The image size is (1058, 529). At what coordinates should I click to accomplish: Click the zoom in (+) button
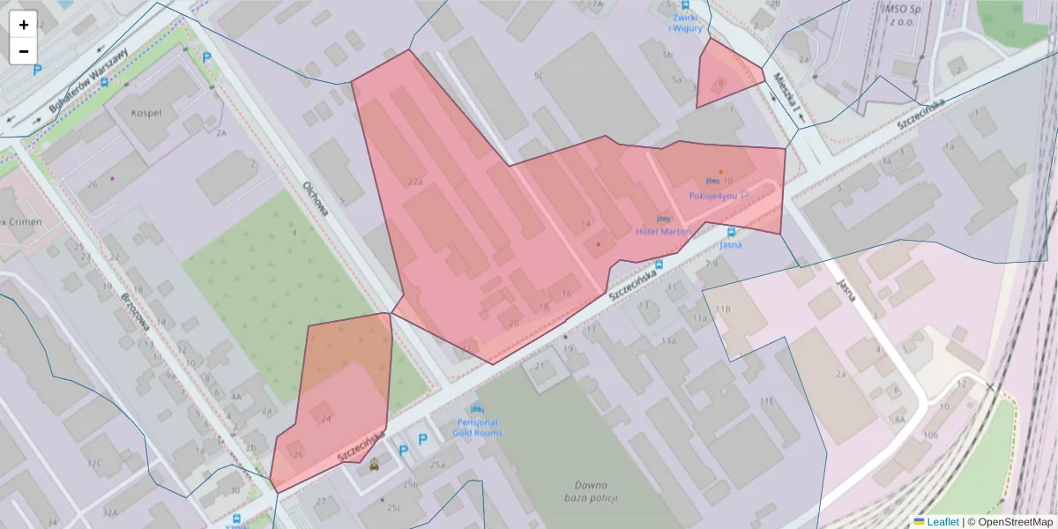coord(24,25)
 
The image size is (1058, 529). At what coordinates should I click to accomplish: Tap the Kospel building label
coord(146,113)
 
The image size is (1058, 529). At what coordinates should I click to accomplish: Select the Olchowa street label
coord(315,198)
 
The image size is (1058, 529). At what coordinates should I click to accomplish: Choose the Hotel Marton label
coord(663,231)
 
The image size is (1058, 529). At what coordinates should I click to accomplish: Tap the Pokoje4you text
coord(712,195)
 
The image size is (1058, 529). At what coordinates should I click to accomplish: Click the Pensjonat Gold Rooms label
coord(477,428)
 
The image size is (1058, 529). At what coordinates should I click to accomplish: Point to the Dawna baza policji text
coord(591,491)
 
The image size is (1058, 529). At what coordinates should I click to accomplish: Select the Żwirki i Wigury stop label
coord(686,22)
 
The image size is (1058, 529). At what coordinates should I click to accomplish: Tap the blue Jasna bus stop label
coord(730,244)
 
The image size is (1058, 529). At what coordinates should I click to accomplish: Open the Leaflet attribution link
coord(943,522)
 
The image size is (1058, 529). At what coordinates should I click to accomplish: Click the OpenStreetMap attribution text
coord(1015,522)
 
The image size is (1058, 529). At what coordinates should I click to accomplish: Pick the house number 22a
coord(415,182)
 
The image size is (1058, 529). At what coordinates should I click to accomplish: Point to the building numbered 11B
coord(723,309)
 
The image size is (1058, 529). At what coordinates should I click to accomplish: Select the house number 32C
coord(93,463)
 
